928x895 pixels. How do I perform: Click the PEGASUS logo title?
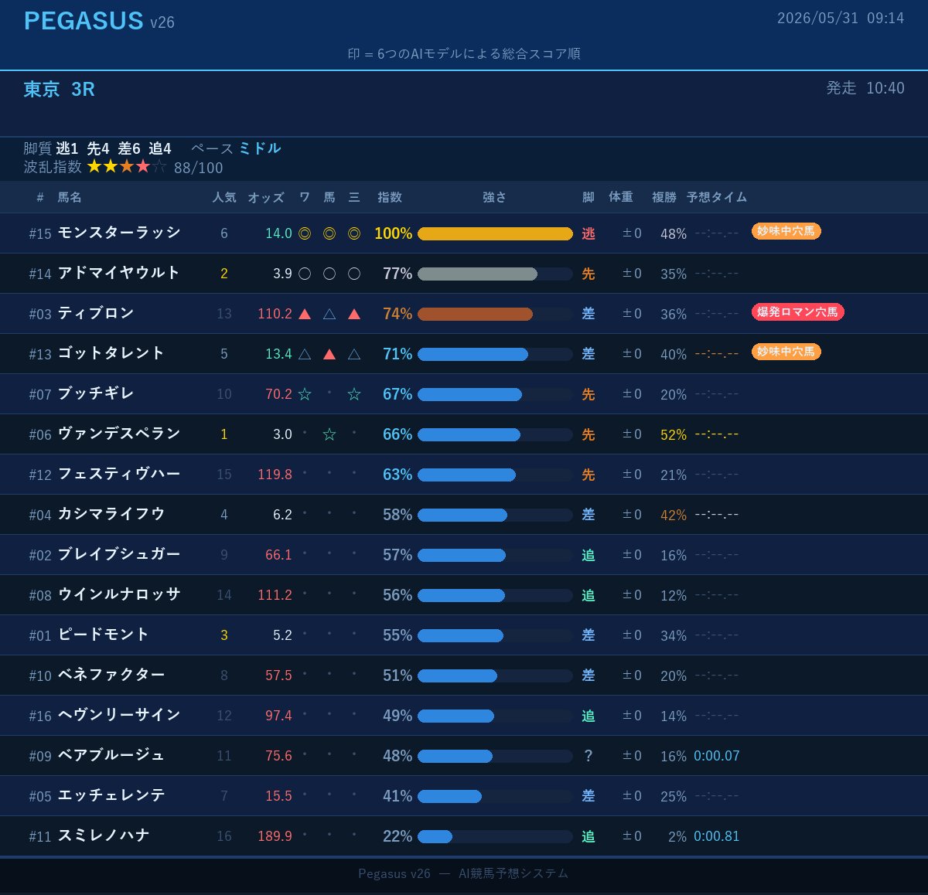(x=84, y=21)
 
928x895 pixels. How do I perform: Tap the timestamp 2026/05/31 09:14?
(x=841, y=18)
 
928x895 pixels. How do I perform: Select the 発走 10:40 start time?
(x=865, y=88)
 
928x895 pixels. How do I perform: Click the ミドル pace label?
(x=259, y=148)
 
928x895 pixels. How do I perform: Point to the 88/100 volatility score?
(x=199, y=168)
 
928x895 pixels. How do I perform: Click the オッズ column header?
(x=265, y=197)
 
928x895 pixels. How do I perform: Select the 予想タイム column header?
(x=716, y=197)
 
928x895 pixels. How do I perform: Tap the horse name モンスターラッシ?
(x=119, y=233)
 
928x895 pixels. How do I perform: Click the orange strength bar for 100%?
(x=495, y=233)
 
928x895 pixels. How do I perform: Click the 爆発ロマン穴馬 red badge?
(x=797, y=312)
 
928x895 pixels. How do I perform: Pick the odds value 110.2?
(x=275, y=314)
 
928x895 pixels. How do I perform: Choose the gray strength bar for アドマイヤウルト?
(x=477, y=274)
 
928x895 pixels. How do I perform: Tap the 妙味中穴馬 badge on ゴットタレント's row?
(x=786, y=352)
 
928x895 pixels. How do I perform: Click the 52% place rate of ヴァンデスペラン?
(x=674, y=434)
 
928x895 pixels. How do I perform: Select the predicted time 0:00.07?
(x=716, y=756)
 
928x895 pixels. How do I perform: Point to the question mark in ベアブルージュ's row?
(x=589, y=756)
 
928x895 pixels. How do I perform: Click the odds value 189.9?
(x=275, y=836)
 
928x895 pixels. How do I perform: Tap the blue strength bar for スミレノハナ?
(x=435, y=836)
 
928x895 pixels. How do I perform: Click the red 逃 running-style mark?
(x=589, y=233)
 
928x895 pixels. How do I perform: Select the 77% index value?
(x=397, y=274)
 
